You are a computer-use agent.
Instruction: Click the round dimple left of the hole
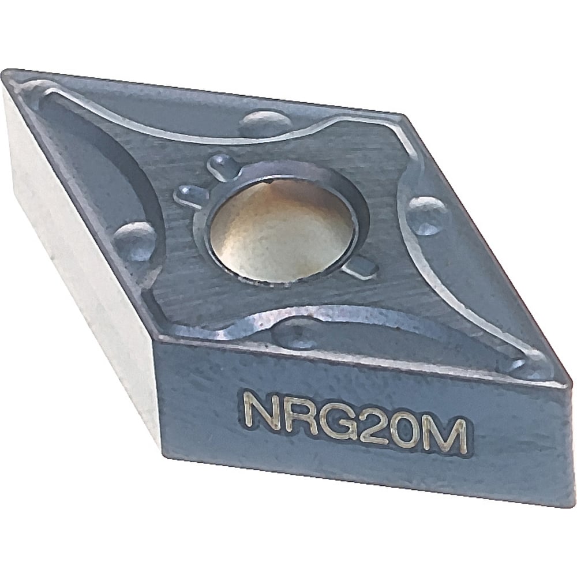(x=135, y=240)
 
